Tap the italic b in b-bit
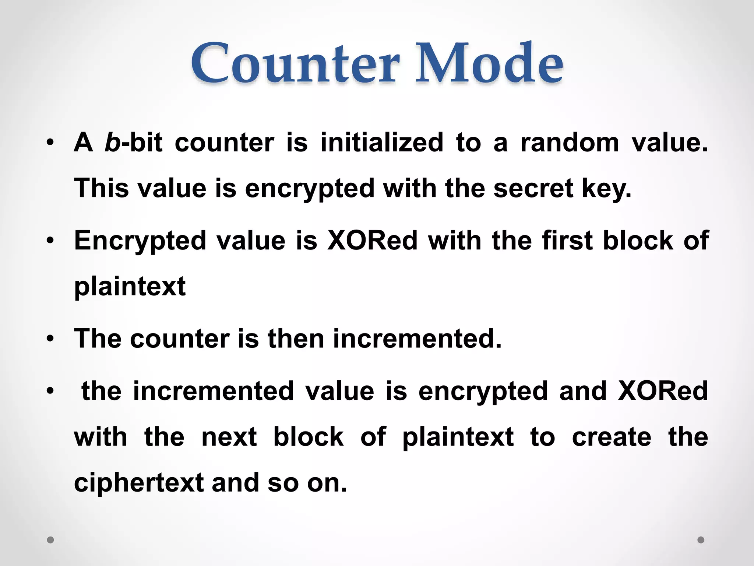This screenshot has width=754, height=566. (x=112, y=143)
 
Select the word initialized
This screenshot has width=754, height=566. (x=382, y=143)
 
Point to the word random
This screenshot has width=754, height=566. (x=570, y=143)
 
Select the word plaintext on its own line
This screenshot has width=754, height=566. (x=130, y=287)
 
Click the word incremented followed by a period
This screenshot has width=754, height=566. (x=417, y=339)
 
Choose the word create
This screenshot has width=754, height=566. (x=612, y=437)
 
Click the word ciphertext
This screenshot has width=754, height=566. (x=139, y=483)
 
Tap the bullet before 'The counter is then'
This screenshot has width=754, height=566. (x=50, y=339)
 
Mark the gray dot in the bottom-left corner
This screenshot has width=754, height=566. (x=50, y=540)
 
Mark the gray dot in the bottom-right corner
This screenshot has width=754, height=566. (x=701, y=540)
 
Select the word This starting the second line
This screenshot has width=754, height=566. (x=101, y=188)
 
